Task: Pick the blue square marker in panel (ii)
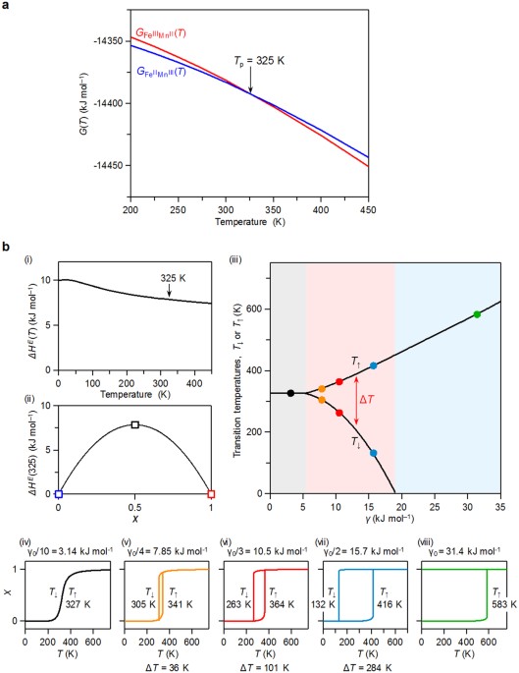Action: coord(58,493)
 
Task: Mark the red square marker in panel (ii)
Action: coord(212,493)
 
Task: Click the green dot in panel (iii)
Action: coord(477,314)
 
